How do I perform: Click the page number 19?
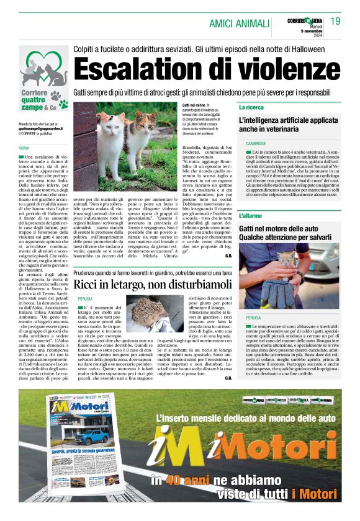pos(336,22)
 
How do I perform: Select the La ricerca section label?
pos(251,107)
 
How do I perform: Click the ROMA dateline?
pos(24,148)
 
